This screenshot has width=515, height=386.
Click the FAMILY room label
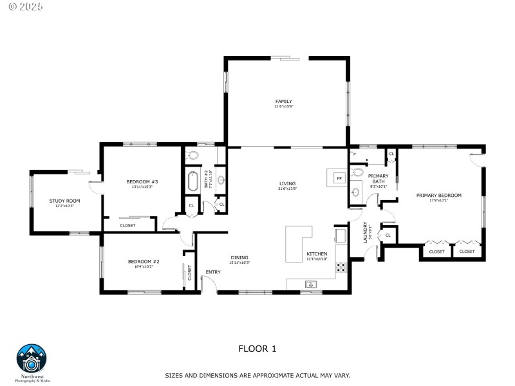click(284, 102)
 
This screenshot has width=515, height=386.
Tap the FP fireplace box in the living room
click(339, 177)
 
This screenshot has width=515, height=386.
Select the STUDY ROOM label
click(65, 201)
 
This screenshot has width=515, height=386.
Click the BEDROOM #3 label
click(142, 182)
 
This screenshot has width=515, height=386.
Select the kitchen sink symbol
click(310, 284)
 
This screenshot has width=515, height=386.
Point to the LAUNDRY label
click(365, 232)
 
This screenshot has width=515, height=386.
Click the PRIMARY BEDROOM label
click(438, 195)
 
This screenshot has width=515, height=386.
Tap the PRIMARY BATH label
click(379, 178)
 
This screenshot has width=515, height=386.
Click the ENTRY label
click(213, 271)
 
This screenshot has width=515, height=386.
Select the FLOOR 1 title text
click(257, 349)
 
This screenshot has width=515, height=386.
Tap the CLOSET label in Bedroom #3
click(127, 225)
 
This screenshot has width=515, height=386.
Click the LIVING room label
click(287, 183)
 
